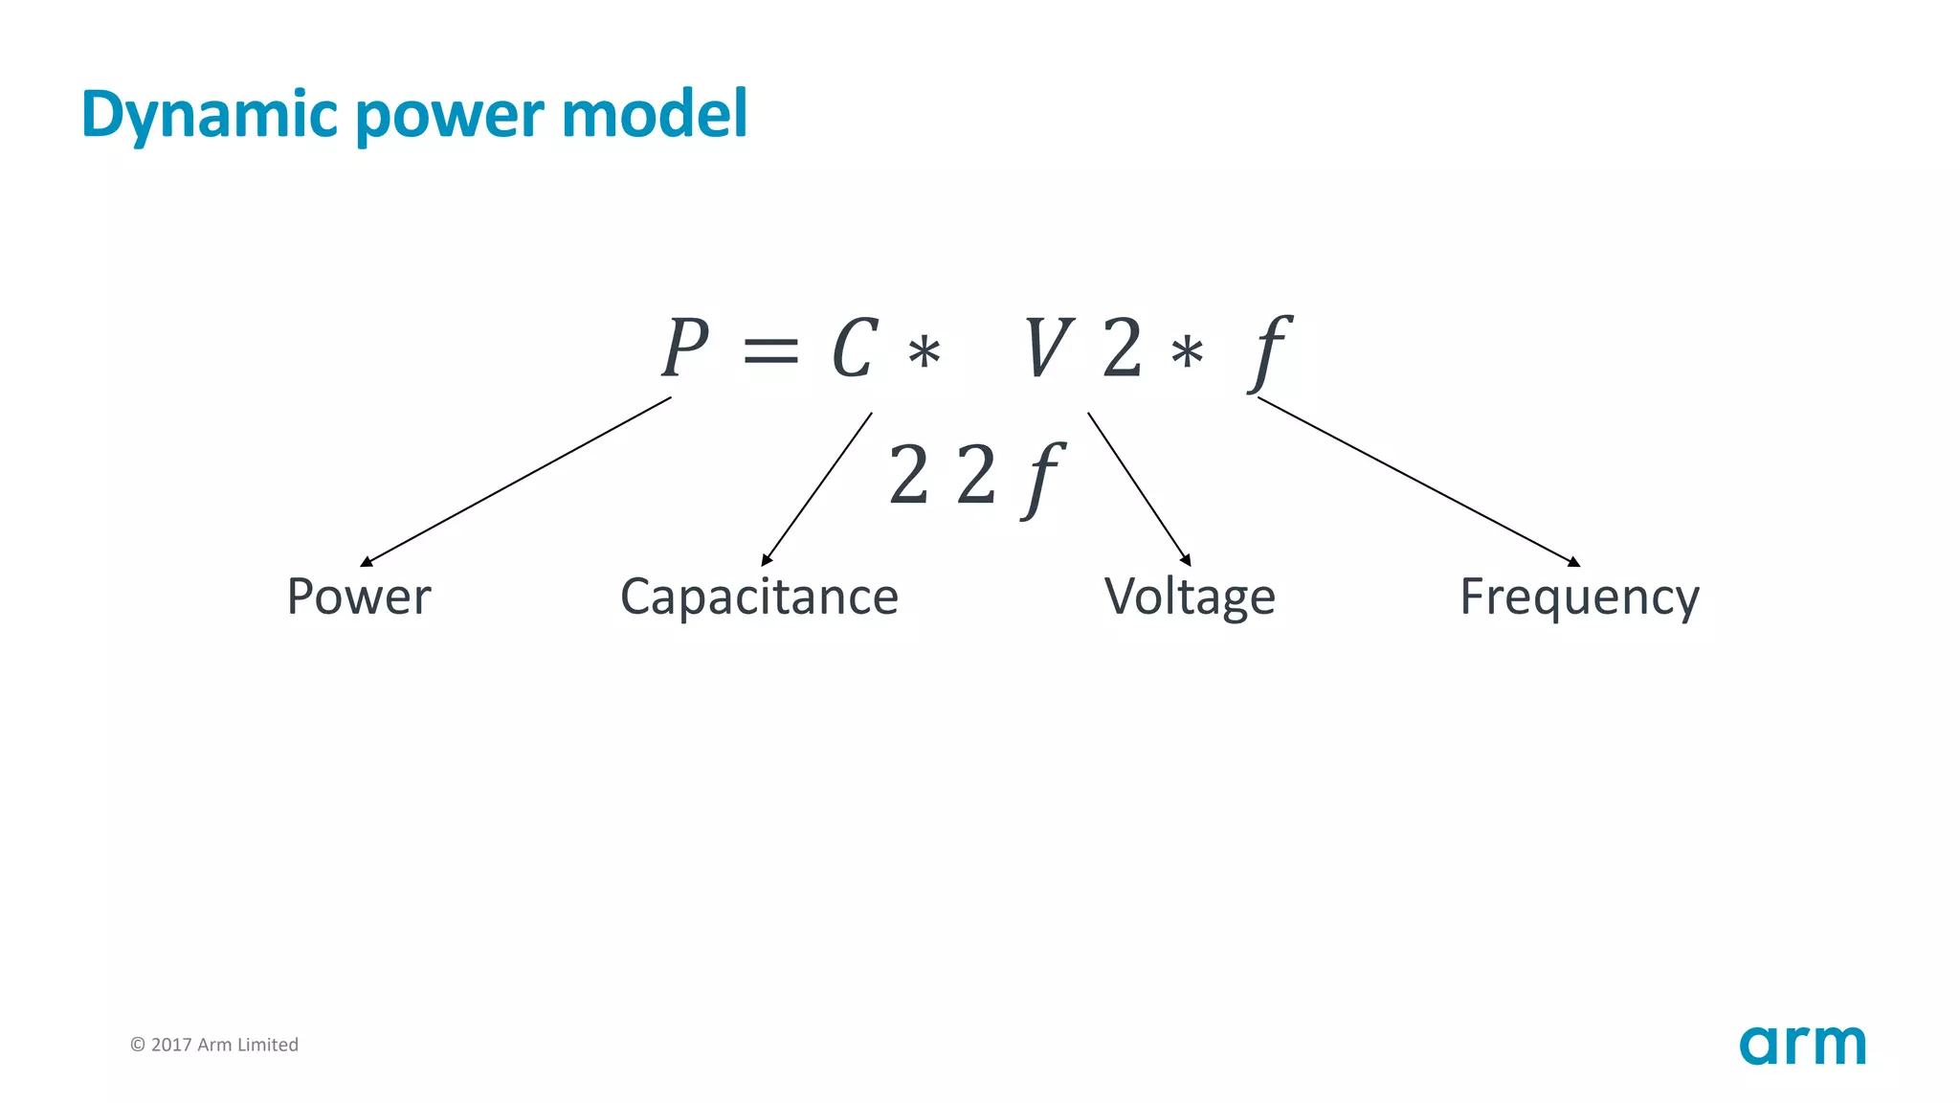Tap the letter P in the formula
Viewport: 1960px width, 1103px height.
pos(685,349)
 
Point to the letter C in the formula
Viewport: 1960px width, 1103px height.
pos(854,349)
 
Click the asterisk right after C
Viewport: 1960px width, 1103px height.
pos(924,353)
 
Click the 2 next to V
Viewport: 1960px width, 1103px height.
pos(1122,349)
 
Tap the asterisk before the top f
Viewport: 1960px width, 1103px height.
pos(1187,353)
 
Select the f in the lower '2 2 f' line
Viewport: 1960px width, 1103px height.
pos(1042,479)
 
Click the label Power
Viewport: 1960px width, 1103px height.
pos(359,597)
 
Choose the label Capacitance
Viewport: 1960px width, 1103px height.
pos(759,597)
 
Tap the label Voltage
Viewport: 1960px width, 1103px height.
pos(1190,597)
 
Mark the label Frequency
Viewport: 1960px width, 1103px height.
pos(1579,597)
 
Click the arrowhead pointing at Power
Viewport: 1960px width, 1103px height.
pos(366,562)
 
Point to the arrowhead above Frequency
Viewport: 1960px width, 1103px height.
pos(1574,562)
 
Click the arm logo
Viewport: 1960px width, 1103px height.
pos(1802,1045)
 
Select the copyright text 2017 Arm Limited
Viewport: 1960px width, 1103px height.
pos(214,1045)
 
